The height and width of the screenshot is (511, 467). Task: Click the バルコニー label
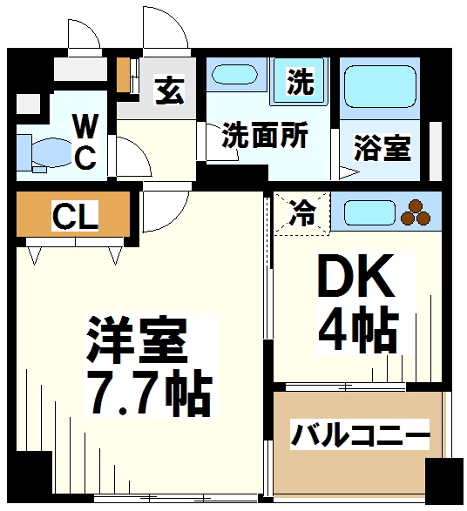(x=360, y=433)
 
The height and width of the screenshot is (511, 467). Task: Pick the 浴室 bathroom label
(x=382, y=148)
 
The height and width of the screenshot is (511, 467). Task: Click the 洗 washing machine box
(x=301, y=83)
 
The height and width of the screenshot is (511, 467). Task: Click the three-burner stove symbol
(x=415, y=211)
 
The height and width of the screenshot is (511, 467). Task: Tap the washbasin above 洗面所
(x=236, y=80)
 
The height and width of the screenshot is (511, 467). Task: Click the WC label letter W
(x=84, y=128)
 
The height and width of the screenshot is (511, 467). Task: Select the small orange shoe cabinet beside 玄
(x=124, y=74)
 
